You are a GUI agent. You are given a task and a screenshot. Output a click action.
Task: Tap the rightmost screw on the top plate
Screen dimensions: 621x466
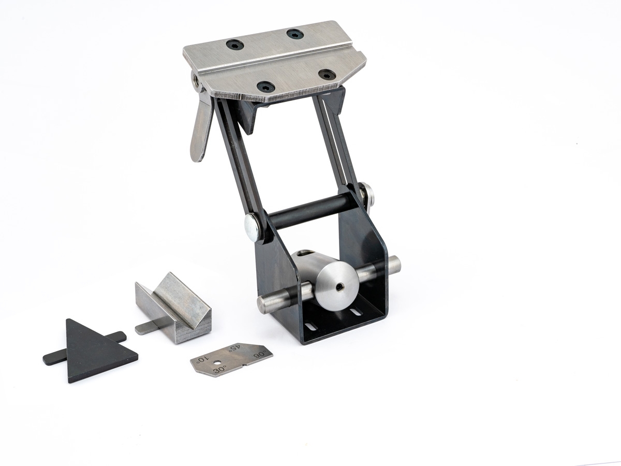327,75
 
